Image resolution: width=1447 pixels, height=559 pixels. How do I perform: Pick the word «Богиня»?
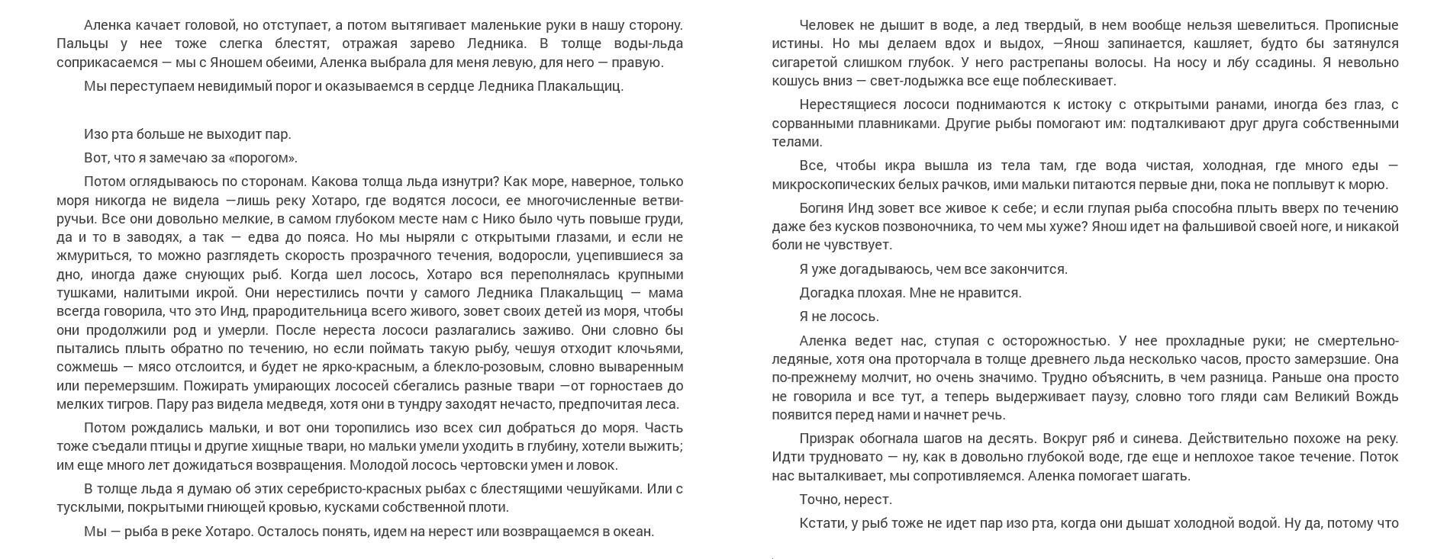coord(820,208)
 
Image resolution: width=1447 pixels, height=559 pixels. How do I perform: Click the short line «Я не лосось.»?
coord(840,316)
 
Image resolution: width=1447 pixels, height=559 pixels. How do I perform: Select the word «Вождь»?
coord(1378,397)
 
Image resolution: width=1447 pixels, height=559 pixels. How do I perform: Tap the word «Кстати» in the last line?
coord(820,523)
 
